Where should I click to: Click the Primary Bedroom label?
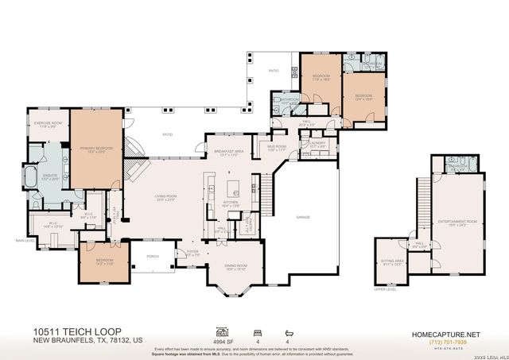(95, 149)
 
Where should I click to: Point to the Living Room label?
(166, 196)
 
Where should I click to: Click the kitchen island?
(235, 189)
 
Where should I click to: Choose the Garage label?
(303, 217)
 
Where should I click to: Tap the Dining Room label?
(236, 267)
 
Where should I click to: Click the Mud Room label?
(277, 149)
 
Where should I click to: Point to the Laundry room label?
(318, 145)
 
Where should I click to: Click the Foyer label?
(192, 253)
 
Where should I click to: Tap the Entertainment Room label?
(461, 223)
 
